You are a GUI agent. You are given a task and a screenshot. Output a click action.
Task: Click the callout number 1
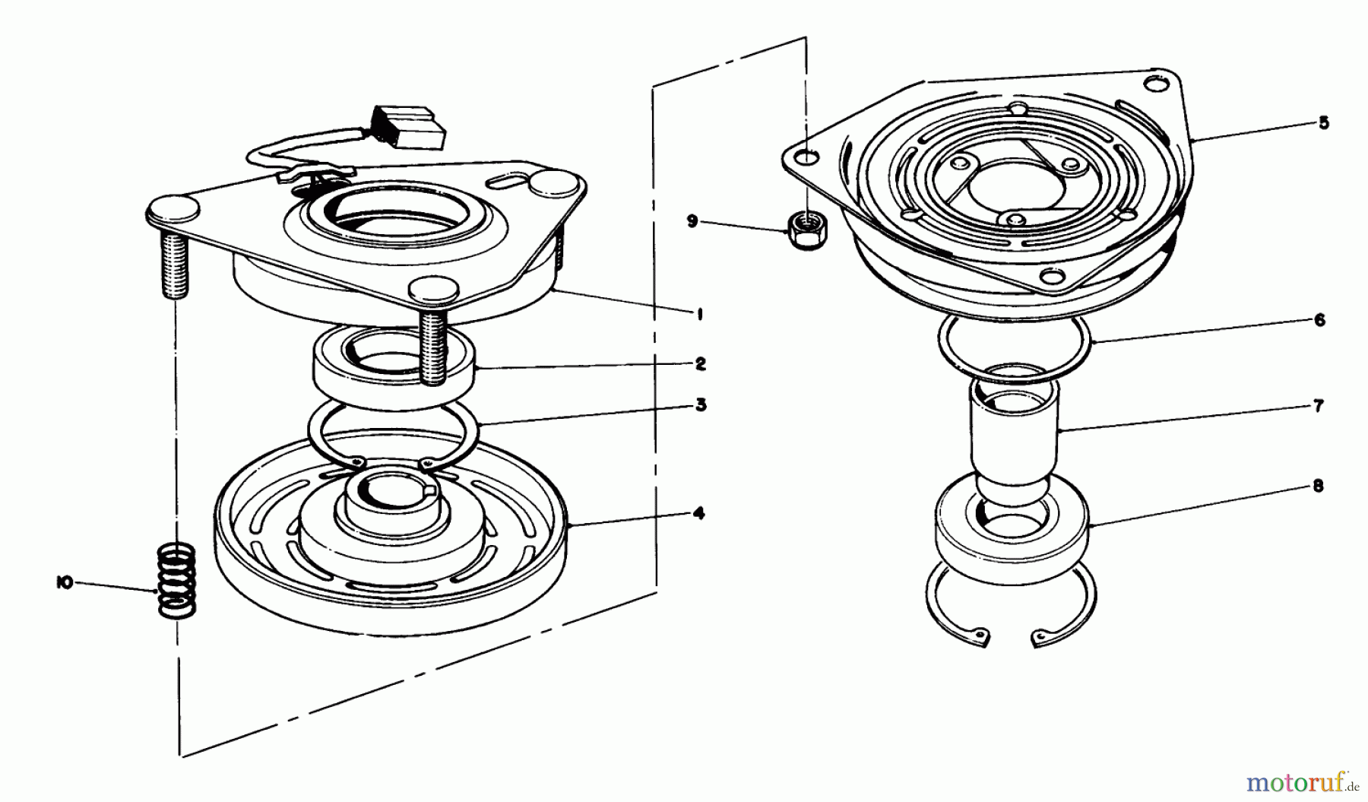(x=699, y=313)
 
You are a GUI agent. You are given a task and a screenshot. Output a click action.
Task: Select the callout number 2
(x=700, y=363)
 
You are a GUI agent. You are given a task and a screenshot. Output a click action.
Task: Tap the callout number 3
(x=700, y=404)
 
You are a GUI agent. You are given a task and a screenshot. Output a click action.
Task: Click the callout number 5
(x=1323, y=122)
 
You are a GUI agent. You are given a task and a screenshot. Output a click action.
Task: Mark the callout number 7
(x=1319, y=406)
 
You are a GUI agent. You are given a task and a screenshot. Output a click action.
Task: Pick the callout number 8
(x=1318, y=485)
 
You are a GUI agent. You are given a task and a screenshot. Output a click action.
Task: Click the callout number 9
(x=692, y=221)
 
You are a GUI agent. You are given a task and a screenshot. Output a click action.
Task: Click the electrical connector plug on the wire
(x=408, y=127)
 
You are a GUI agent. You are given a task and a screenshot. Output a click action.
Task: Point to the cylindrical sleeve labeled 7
(x=1014, y=441)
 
